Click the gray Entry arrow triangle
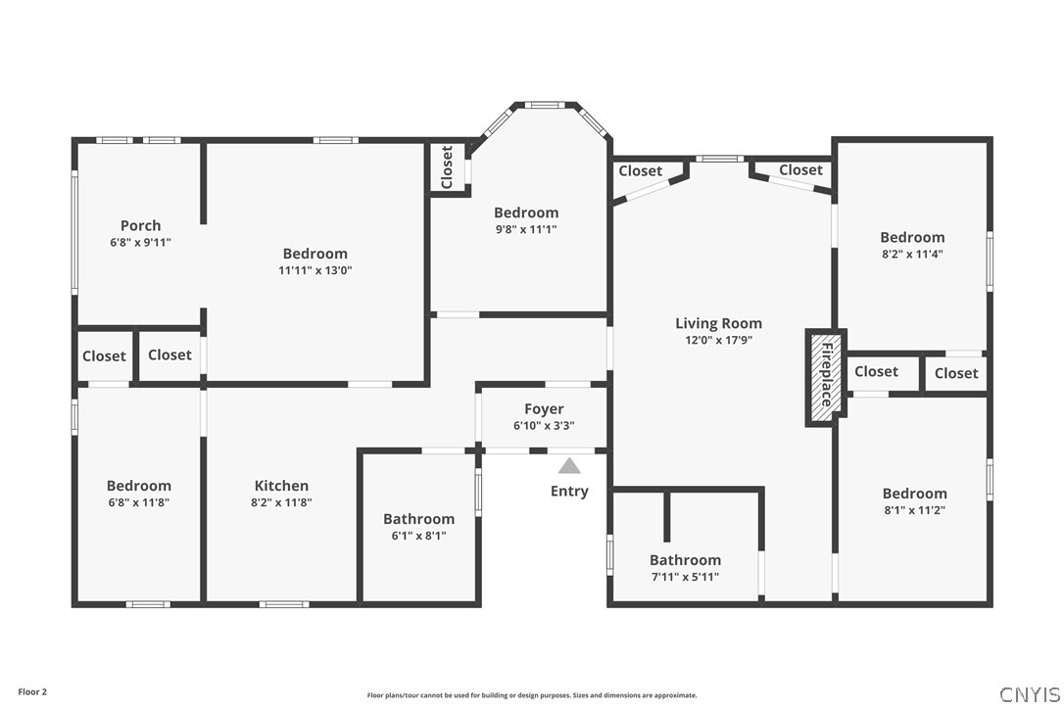(569, 466)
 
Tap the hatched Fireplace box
(826, 378)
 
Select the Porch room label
(140, 225)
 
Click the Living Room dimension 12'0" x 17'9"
(718, 340)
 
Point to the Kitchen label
(281, 486)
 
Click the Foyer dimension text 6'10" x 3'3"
(544, 425)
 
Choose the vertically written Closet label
(447, 166)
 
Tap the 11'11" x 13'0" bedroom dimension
(315, 270)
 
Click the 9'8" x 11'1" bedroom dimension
(526, 229)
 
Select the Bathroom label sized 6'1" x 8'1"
(418, 519)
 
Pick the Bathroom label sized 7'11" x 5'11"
(686, 560)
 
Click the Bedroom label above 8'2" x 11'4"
(913, 237)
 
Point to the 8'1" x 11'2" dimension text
(915, 510)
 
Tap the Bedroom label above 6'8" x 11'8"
(139, 486)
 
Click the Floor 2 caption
(32, 692)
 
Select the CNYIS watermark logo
(1030, 694)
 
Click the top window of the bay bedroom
(545, 105)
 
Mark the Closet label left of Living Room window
(641, 171)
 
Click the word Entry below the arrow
(569, 492)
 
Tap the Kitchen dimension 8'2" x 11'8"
(281, 502)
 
